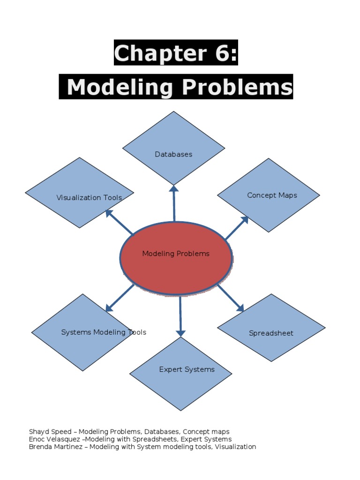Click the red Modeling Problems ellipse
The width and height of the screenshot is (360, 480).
176,258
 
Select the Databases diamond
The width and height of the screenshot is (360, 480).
174,148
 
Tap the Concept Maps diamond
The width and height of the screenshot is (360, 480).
269,195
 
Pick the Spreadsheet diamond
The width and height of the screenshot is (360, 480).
271,328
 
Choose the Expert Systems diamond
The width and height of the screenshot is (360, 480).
181,374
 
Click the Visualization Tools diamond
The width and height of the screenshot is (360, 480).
80,193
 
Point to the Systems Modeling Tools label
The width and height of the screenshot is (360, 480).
104,332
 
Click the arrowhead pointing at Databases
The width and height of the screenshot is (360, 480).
174,189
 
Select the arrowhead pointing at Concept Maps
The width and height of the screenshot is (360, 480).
244,219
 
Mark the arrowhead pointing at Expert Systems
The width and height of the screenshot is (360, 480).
181,333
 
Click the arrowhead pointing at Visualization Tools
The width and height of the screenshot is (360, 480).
109,213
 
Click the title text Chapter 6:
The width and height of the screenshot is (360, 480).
176,53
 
